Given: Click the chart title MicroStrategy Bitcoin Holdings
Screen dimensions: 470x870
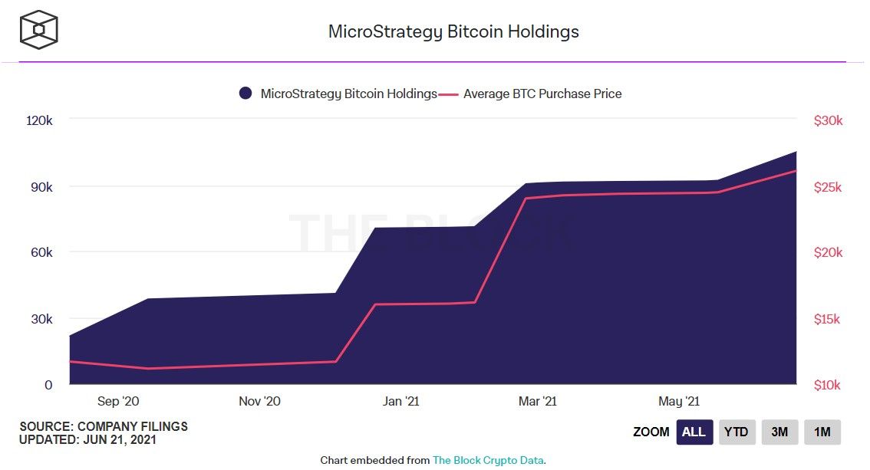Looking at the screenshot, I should coord(453,31).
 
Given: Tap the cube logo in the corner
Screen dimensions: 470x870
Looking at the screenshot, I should coord(39,31).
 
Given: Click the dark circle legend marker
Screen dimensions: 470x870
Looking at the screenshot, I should coord(246,94).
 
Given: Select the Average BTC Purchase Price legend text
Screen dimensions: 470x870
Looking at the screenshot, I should coord(542,94).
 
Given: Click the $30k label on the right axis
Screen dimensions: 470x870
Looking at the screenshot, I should coord(828,120).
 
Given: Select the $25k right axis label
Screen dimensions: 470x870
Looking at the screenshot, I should coord(828,187).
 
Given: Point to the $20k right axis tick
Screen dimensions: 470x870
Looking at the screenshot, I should coord(828,252).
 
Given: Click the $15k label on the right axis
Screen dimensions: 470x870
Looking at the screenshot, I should coord(828,319).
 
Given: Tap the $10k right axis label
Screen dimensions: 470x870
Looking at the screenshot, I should coord(828,385).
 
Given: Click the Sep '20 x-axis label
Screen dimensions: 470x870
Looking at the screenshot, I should coord(118,401).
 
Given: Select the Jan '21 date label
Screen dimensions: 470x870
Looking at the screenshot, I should coord(401,401).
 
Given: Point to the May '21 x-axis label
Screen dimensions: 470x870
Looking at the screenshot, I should coord(679,401).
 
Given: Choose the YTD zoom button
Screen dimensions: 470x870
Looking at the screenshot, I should coord(737,432).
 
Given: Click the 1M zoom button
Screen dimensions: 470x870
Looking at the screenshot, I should coord(822,432).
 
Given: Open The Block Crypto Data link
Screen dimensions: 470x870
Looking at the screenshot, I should coord(488,460).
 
